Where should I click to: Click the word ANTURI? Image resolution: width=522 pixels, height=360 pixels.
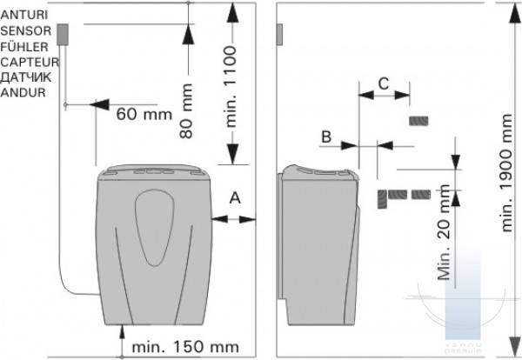(24, 15)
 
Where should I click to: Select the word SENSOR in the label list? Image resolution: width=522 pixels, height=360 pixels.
(26, 31)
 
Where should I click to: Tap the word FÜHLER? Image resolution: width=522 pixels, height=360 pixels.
(24, 47)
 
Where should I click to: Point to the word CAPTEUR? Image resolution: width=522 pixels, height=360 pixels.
(30, 63)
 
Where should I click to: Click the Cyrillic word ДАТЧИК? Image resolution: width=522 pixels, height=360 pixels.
(26, 77)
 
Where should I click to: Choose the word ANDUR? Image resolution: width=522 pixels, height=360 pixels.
(23, 92)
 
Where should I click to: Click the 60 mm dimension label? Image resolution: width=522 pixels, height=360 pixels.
(144, 115)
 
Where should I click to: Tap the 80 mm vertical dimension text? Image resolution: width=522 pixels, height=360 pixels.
(186, 110)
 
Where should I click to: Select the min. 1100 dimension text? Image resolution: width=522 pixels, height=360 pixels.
(231, 87)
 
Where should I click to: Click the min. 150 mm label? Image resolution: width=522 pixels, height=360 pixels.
(185, 347)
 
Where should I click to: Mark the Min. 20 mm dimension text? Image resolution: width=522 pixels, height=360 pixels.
(444, 232)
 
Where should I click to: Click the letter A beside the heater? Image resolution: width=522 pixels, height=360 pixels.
(235, 198)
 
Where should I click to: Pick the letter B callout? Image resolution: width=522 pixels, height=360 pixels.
(326, 137)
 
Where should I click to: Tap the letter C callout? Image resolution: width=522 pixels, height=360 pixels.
(384, 83)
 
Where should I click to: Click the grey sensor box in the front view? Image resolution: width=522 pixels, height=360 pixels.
(63, 34)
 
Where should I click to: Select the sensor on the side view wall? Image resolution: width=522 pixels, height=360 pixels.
(279, 34)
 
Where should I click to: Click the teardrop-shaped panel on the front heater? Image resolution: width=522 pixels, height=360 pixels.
(155, 228)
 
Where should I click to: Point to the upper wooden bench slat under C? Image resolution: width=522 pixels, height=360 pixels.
(418, 121)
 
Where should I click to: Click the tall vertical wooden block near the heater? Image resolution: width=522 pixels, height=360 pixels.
(382, 199)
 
